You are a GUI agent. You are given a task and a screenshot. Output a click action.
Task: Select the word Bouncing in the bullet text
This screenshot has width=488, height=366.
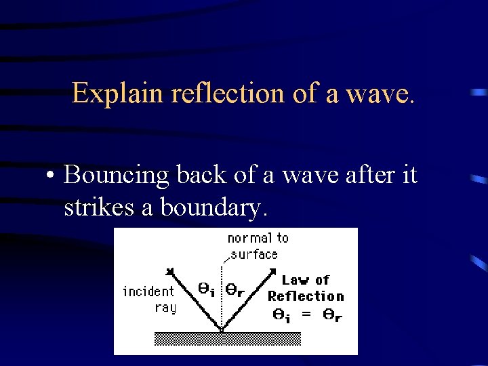tap(115, 176)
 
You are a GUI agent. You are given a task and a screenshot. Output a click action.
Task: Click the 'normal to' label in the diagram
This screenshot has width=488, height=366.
tap(258, 238)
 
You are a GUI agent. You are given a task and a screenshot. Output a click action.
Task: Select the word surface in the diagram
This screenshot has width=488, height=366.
tap(254, 254)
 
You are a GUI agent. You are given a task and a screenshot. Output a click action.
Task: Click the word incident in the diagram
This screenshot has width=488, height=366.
tap(148, 291)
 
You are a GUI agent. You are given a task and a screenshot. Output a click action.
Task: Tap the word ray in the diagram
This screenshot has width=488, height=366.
tap(165, 307)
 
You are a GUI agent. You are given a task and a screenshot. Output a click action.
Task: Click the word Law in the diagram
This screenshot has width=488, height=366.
tap(296, 280)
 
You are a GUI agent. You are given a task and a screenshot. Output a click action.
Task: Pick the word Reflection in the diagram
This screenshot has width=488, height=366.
tap(306, 296)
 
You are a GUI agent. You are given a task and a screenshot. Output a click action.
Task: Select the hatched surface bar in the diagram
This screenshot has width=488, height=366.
tap(222, 338)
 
